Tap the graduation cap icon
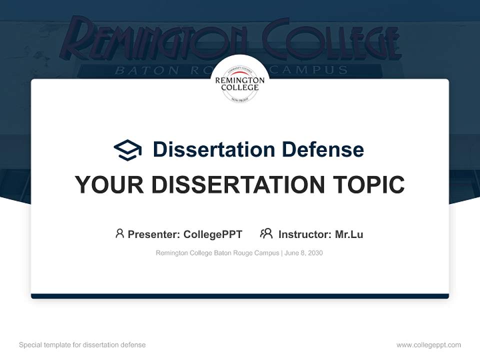tap(127, 149)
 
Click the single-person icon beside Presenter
tap(119, 233)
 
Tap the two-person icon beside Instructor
tap(266, 233)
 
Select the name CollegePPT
tap(212, 234)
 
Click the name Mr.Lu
tap(349, 234)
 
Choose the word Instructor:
tap(304, 234)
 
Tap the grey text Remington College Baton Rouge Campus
tap(217, 253)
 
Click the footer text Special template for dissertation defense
tap(82, 345)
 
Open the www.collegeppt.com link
tap(428, 345)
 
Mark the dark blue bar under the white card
tap(240, 296)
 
